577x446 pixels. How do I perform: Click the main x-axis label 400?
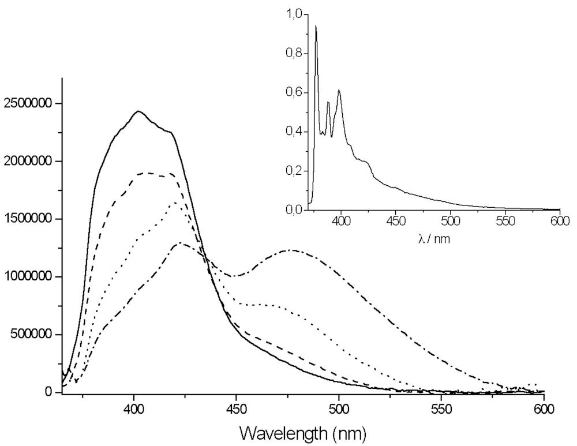[134, 411]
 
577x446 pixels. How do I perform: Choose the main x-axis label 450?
[237, 411]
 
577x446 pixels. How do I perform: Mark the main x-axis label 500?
[339, 411]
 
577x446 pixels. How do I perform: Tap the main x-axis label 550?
[441, 411]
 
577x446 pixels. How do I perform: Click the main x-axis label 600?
[544, 411]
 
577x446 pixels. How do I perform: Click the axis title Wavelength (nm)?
[303, 432]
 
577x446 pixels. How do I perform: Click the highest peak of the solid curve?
[138, 111]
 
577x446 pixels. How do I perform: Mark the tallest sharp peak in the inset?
[316, 26]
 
